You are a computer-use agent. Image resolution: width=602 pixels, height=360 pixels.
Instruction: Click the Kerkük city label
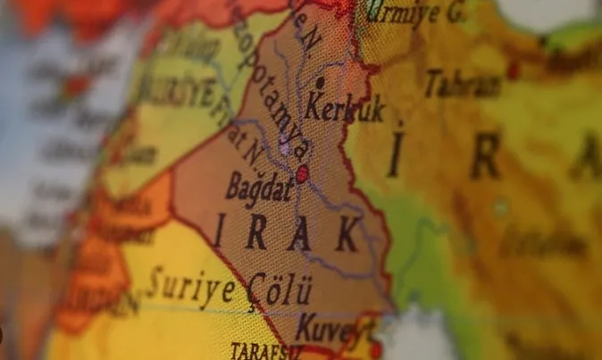(346, 109)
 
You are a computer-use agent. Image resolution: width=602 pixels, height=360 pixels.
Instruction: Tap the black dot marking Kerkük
(320, 83)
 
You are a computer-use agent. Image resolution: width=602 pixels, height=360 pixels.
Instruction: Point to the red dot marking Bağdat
(302, 173)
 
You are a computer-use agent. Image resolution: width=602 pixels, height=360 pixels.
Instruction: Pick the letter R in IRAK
(256, 233)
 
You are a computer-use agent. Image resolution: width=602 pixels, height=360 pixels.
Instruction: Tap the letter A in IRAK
(301, 234)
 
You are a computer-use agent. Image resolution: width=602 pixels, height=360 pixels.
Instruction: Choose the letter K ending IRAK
(347, 235)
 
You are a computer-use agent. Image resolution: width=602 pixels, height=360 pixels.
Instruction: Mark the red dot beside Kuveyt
(375, 347)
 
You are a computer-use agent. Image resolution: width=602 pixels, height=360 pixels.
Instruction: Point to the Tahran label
(463, 84)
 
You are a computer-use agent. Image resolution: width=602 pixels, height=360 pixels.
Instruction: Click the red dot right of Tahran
(513, 69)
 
